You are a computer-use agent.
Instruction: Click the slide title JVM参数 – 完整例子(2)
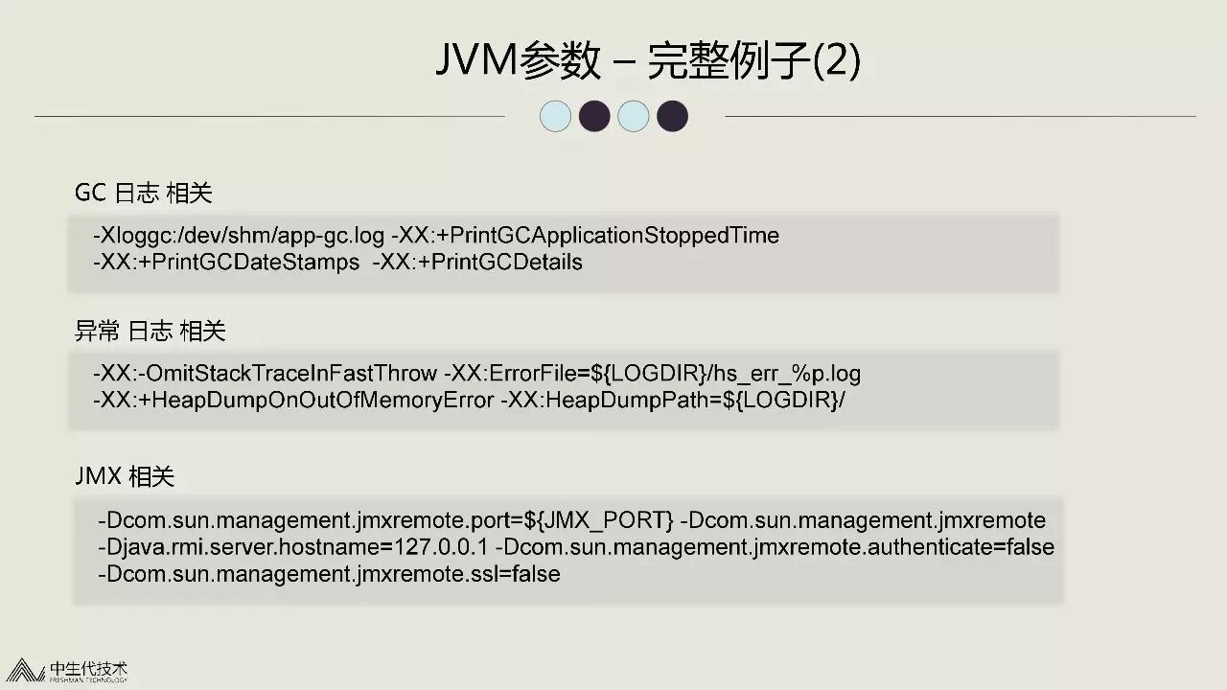click(x=648, y=61)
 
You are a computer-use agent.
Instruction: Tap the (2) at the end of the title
click(x=836, y=61)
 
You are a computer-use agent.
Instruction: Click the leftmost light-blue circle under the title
click(x=556, y=117)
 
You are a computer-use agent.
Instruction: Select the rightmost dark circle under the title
click(x=672, y=117)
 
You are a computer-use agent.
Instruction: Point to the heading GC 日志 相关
click(x=143, y=193)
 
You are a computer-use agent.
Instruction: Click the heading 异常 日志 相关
click(x=150, y=332)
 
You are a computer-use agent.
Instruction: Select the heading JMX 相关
click(x=125, y=476)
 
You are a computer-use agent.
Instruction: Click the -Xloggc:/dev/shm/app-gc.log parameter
click(x=239, y=236)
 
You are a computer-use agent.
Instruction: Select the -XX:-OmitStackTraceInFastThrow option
click(x=266, y=373)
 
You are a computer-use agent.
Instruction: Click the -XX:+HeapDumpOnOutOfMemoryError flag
click(x=292, y=400)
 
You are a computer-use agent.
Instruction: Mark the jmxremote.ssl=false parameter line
click(x=329, y=574)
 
